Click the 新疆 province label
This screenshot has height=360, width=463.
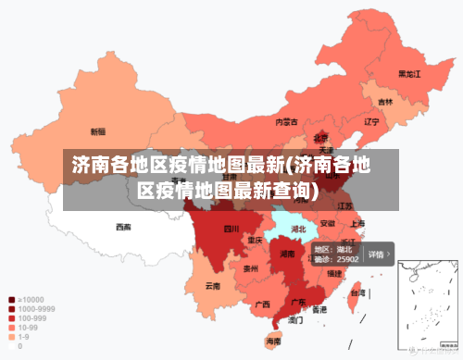tap(97, 131)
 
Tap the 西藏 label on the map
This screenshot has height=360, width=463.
tap(123, 226)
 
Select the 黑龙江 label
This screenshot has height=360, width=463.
tap(409, 73)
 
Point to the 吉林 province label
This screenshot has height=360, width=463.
tap(385, 102)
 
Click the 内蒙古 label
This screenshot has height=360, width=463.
tap(287, 121)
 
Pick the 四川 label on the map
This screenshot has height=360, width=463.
tap(231, 229)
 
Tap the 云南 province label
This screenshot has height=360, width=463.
tap(213, 285)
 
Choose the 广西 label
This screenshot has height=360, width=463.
tap(262, 304)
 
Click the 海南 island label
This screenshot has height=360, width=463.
tap(273, 342)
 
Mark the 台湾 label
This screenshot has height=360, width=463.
tap(355, 292)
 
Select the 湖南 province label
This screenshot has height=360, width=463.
tap(287, 253)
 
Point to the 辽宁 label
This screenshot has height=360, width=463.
tap(372, 121)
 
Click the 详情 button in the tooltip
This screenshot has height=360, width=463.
tap(377, 254)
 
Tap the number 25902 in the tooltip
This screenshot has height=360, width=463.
tap(347, 260)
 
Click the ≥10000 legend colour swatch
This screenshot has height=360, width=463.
tap(11, 300)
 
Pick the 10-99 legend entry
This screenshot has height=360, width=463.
tap(28, 328)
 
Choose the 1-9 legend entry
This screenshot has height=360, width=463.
tap(24, 337)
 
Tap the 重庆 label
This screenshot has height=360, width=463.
tap(256, 240)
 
